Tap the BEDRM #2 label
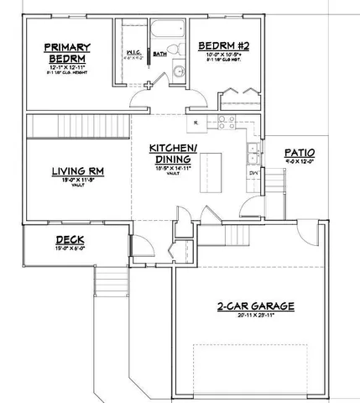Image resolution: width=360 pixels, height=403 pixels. click(221, 46)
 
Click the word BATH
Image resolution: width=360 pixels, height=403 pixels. click(159, 55)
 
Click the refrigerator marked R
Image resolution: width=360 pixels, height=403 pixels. click(195, 123)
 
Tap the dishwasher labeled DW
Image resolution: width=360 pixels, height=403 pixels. click(253, 174)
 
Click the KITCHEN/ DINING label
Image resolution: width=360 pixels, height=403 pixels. click(174, 154)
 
